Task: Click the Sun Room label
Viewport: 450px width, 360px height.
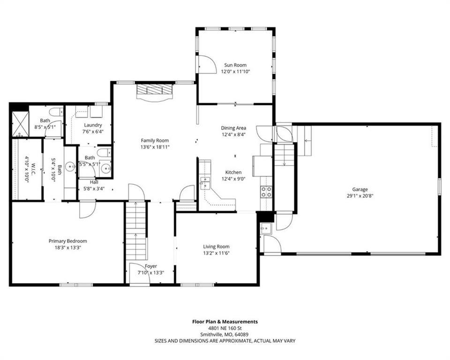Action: [x=235, y=65]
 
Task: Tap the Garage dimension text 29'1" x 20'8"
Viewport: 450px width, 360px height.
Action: [x=360, y=196]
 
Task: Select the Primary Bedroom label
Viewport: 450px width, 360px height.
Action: [x=67, y=241]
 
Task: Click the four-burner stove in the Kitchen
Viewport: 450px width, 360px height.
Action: [x=266, y=192]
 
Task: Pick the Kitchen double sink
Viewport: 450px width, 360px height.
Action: [x=205, y=183]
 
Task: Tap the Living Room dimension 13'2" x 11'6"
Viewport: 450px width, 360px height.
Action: [x=217, y=253]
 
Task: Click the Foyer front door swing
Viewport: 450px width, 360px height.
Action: [x=140, y=274]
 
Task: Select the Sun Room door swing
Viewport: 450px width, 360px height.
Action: [x=206, y=64]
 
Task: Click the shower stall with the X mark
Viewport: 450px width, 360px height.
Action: [x=21, y=124]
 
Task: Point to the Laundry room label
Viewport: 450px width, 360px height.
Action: [x=93, y=125]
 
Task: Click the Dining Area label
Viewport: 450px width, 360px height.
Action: [x=233, y=128]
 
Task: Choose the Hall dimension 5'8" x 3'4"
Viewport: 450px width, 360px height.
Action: [x=94, y=189]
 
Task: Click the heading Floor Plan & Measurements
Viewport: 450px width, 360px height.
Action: [x=225, y=322]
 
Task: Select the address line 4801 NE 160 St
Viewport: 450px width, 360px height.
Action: [x=225, y=328]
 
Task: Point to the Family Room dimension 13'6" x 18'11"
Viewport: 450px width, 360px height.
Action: [x=155, y=147]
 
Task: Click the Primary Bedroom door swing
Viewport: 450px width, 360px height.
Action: [x=88, y=210]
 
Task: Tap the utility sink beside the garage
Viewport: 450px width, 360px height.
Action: [x=266, y=229]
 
